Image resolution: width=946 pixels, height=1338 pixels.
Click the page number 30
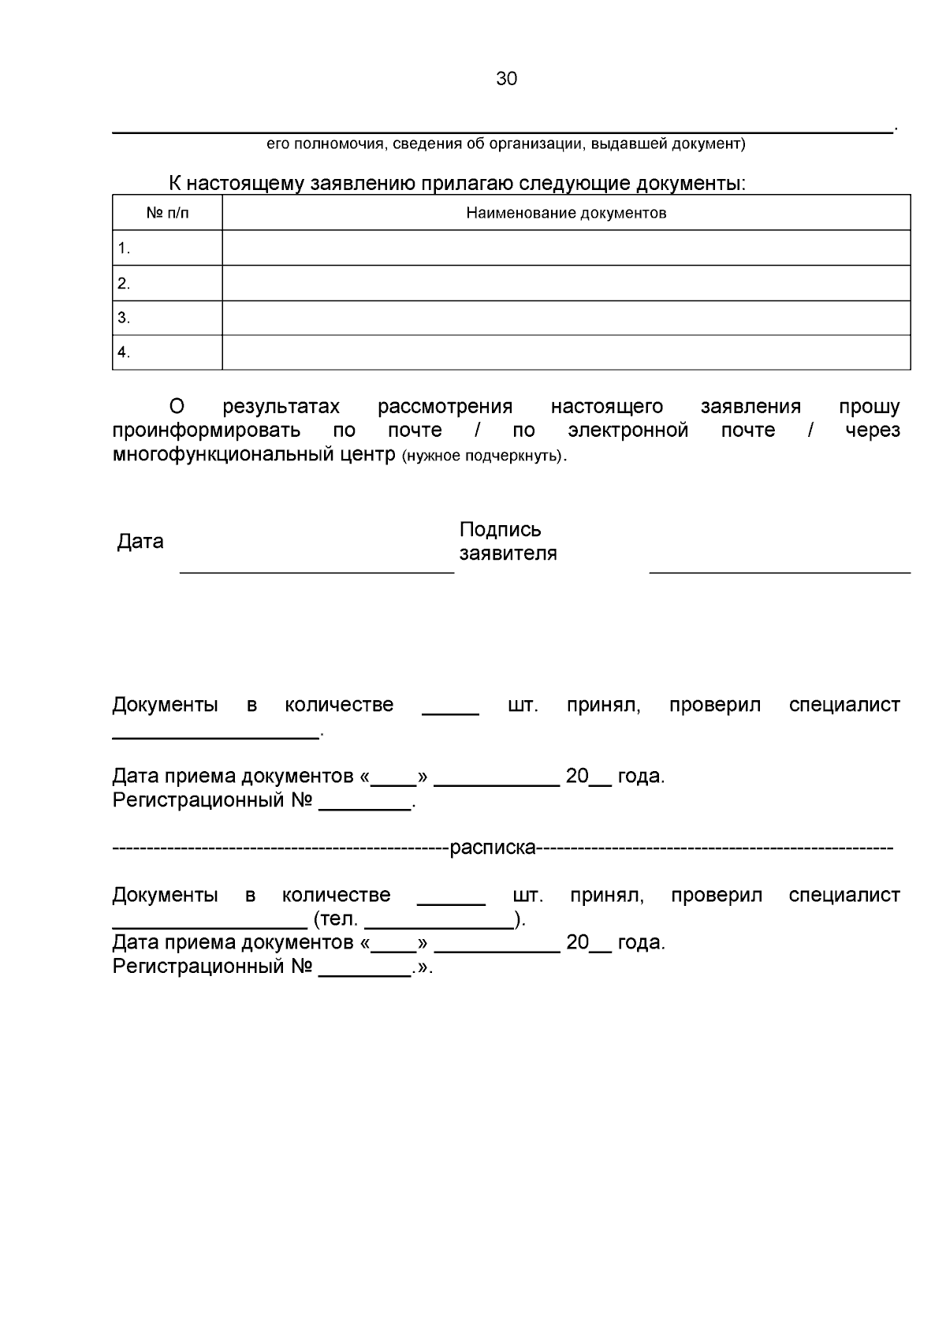(506, 79)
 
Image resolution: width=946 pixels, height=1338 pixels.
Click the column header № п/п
(167, 213)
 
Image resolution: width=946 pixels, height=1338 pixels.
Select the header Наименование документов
(566, 213)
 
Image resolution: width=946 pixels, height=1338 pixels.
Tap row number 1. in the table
(124, 248)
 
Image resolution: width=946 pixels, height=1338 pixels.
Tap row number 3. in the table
(124, 318)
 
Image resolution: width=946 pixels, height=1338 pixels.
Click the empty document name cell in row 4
(566, 352)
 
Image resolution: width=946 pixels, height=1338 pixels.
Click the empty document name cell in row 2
(566, 283)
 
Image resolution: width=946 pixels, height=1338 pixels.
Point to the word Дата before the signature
(140, 542)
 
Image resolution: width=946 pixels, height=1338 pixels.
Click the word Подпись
(500, 529)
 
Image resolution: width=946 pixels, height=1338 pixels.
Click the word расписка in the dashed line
(493, 848)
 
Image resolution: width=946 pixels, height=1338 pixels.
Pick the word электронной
(628, 430)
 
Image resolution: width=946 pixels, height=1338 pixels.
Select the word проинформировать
(206, 430)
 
